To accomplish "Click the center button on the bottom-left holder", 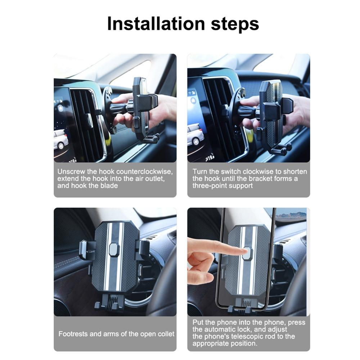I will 114,249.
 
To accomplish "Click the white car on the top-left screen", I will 60,139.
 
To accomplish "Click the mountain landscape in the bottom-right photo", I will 292,215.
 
